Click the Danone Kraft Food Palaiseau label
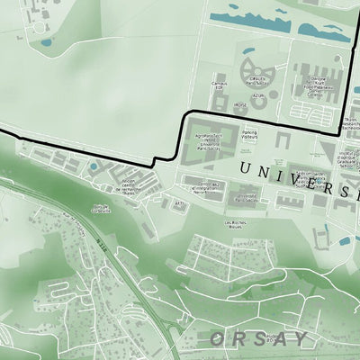319,84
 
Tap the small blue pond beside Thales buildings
93,166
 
